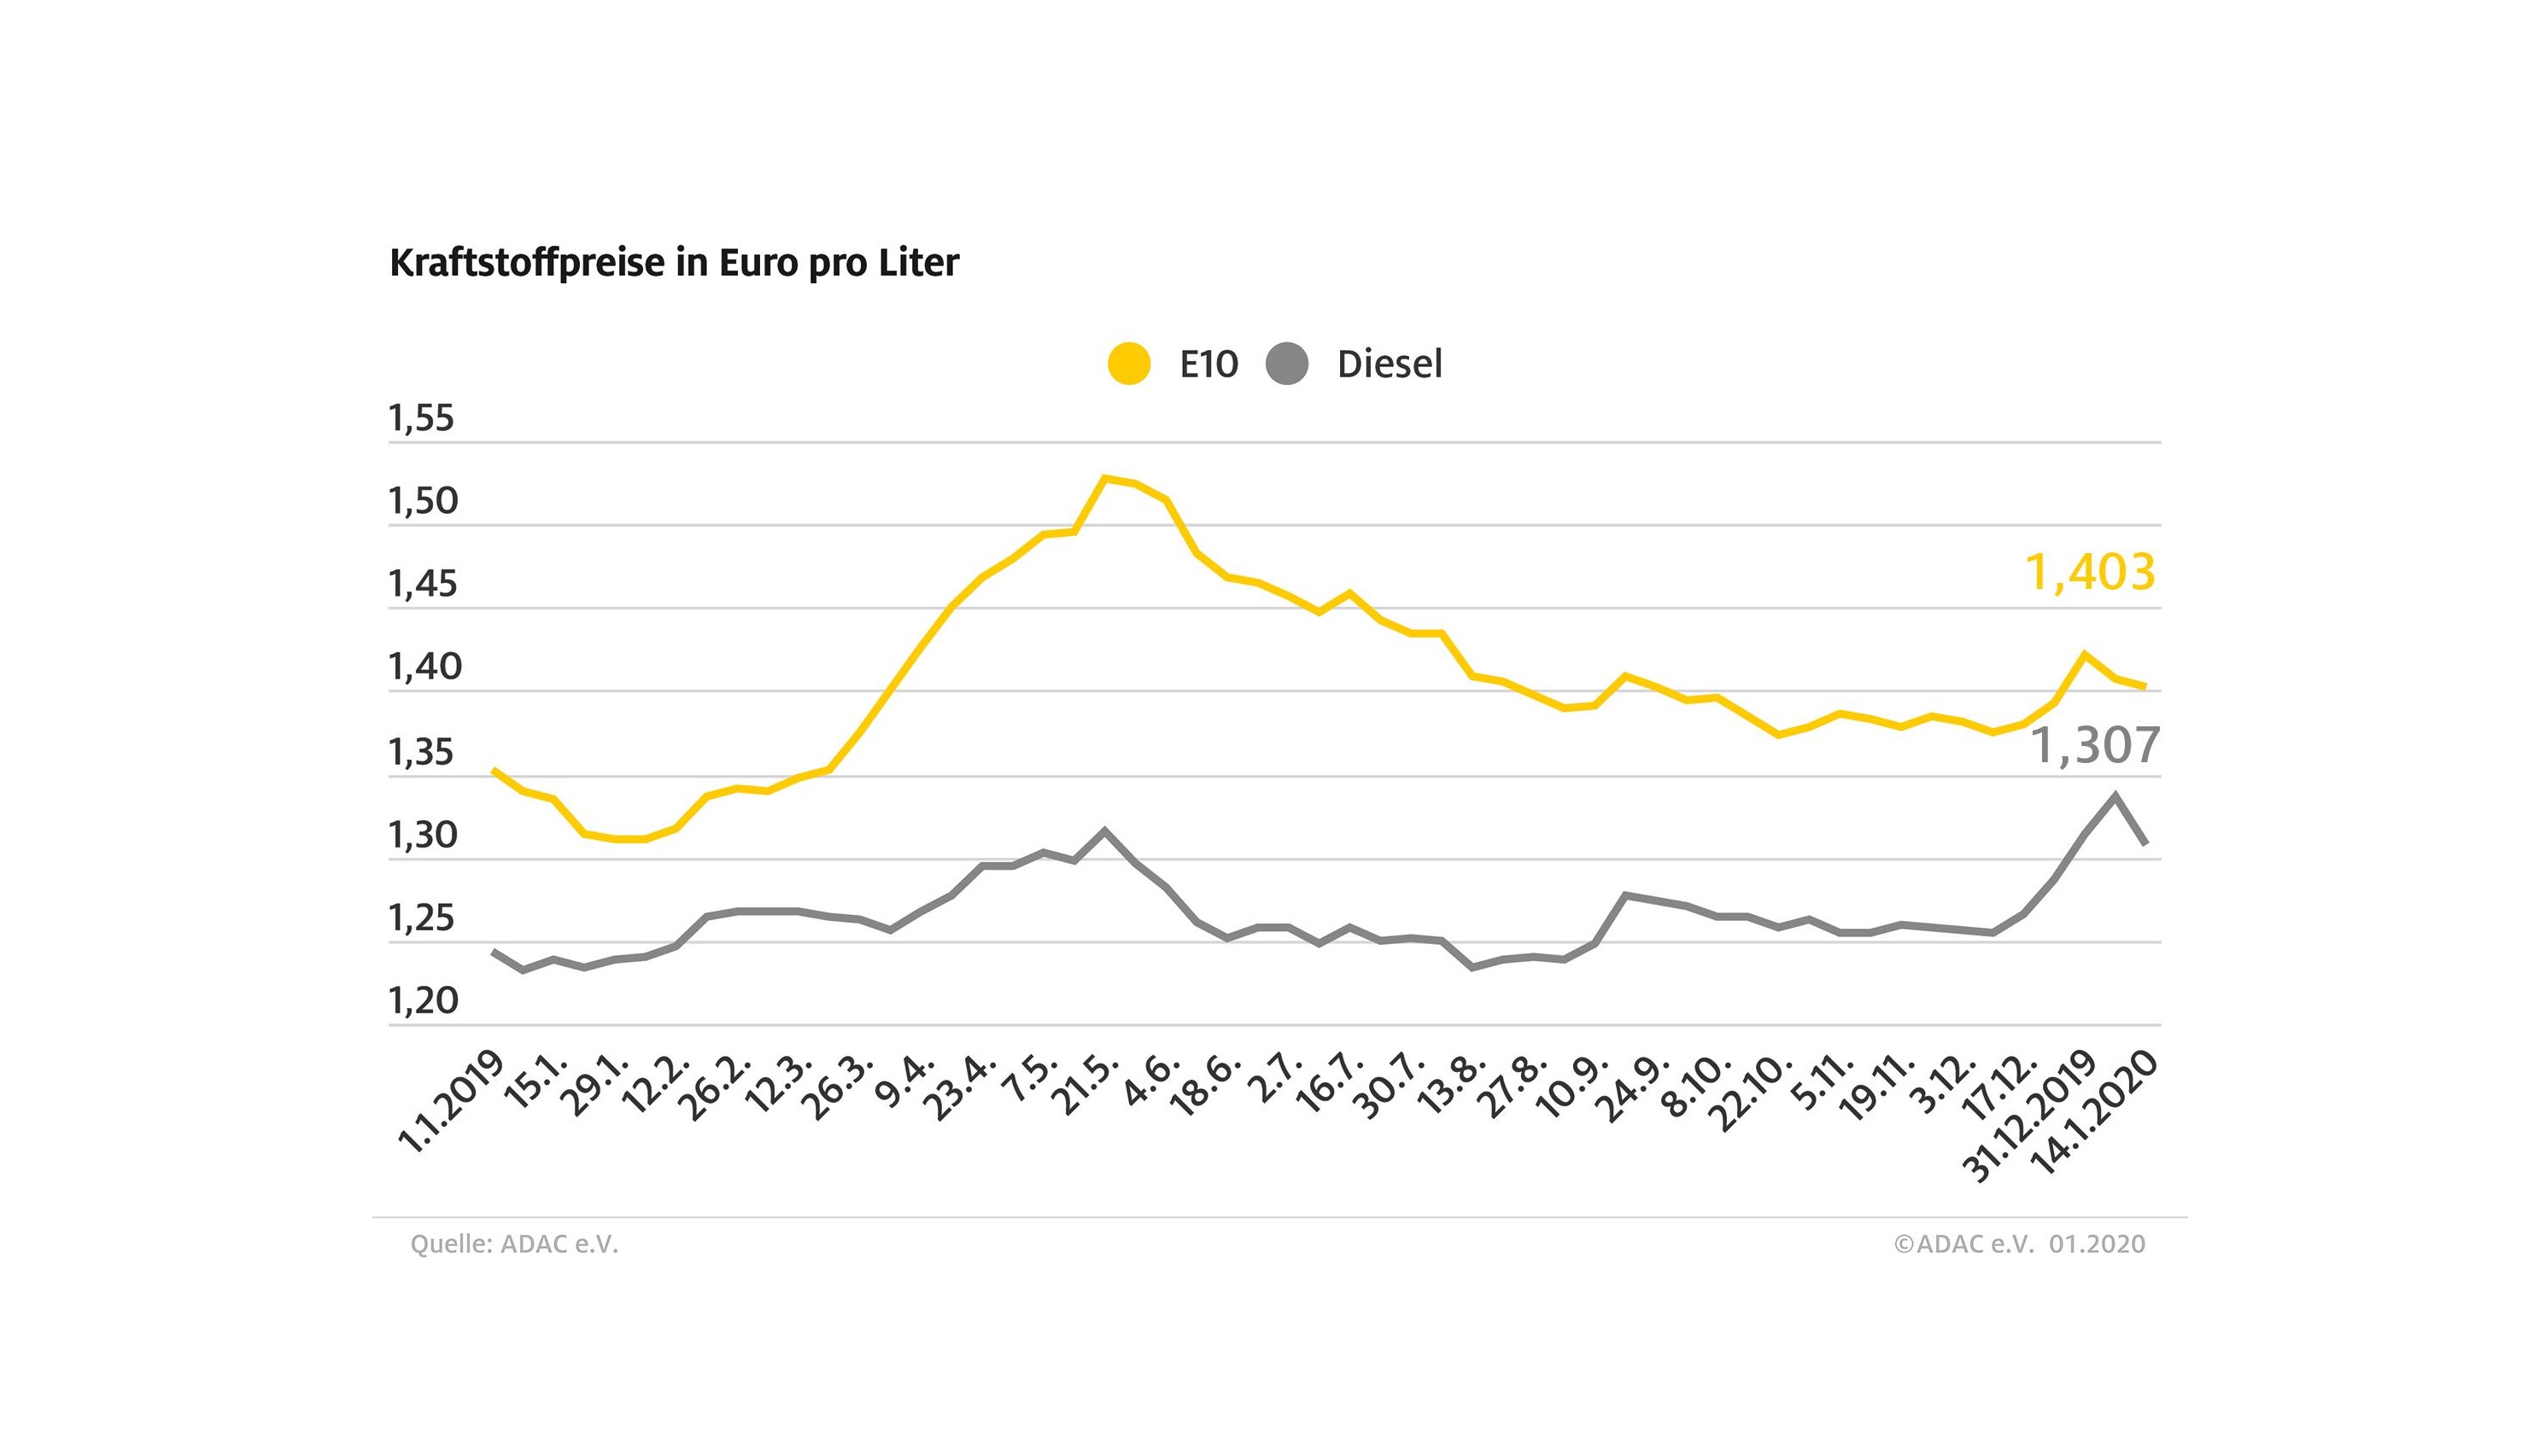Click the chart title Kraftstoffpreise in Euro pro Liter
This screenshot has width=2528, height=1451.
coord(674,263)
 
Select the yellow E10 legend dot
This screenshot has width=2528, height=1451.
coord(1129,364)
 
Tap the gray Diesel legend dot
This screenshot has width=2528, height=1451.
coord(1287,364)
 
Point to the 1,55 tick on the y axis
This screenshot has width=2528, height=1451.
coord(421,418)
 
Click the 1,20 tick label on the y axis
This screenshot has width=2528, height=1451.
coord(423,1000)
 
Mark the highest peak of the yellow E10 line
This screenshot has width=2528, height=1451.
coord(1104,478)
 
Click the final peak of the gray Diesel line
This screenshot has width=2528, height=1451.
coord(2115,795)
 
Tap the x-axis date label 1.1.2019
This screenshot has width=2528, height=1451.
coord(451,1101)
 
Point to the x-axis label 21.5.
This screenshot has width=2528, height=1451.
coord(1089,1085)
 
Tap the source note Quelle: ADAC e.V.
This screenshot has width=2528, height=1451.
coord(514,1244)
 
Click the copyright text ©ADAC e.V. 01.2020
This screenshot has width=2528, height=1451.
coord(2020,1244)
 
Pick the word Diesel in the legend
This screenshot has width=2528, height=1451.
coord(1390,364)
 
